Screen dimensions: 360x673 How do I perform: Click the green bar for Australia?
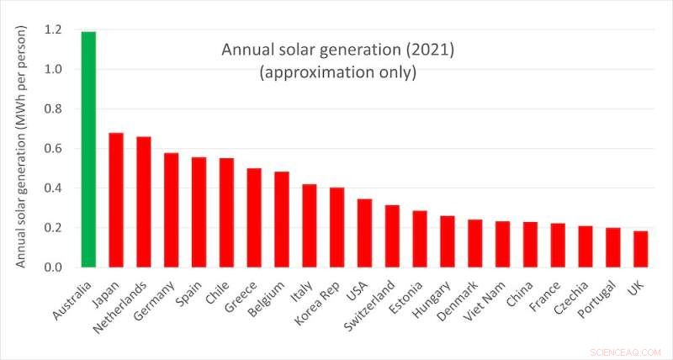tap(88, 150)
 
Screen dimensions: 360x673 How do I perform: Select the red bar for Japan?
tap(116, 200)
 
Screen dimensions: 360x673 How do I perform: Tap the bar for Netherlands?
tap(144, 202)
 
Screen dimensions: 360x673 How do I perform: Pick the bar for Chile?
tap(226, 213)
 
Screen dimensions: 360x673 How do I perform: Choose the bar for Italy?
tap(310, 225)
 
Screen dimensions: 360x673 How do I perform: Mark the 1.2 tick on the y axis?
tap(53, 29)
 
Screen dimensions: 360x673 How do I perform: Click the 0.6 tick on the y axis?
tap(53, 149)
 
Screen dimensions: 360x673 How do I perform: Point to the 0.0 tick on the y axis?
tap(53, 267)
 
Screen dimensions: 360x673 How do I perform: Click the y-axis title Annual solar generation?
tap(22, 147)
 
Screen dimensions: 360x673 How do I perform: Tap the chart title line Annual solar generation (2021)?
tap(337, 50)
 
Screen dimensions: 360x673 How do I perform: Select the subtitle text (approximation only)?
tap(337, 72)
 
